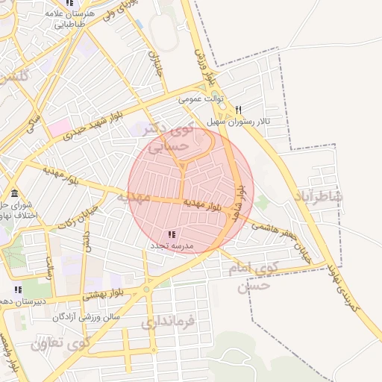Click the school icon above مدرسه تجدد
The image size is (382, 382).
pyautogui.click(x=172, y=234)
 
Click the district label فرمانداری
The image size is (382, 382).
pyautogui.click(x=167, y=322)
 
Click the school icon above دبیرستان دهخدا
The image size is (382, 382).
pyautogui.click(x=18, y=289)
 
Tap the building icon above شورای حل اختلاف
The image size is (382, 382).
pyautogui.click(x=14, y=193)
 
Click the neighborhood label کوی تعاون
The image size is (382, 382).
pyautogui.click(x=59, y=345)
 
